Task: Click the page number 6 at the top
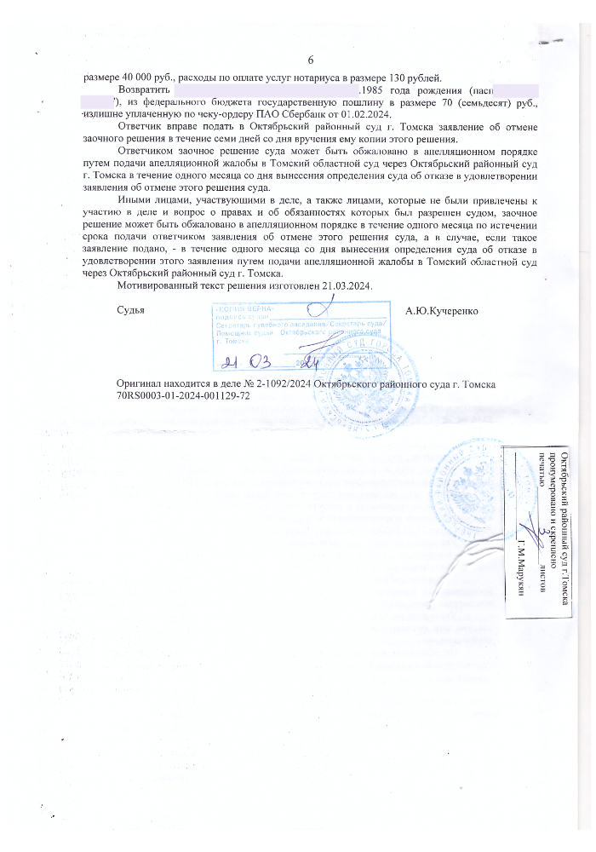point(310,60)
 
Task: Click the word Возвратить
point(145,89)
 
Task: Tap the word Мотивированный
point(157,286)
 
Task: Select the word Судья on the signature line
point(130,310)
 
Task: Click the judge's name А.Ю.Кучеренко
point(443,310)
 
